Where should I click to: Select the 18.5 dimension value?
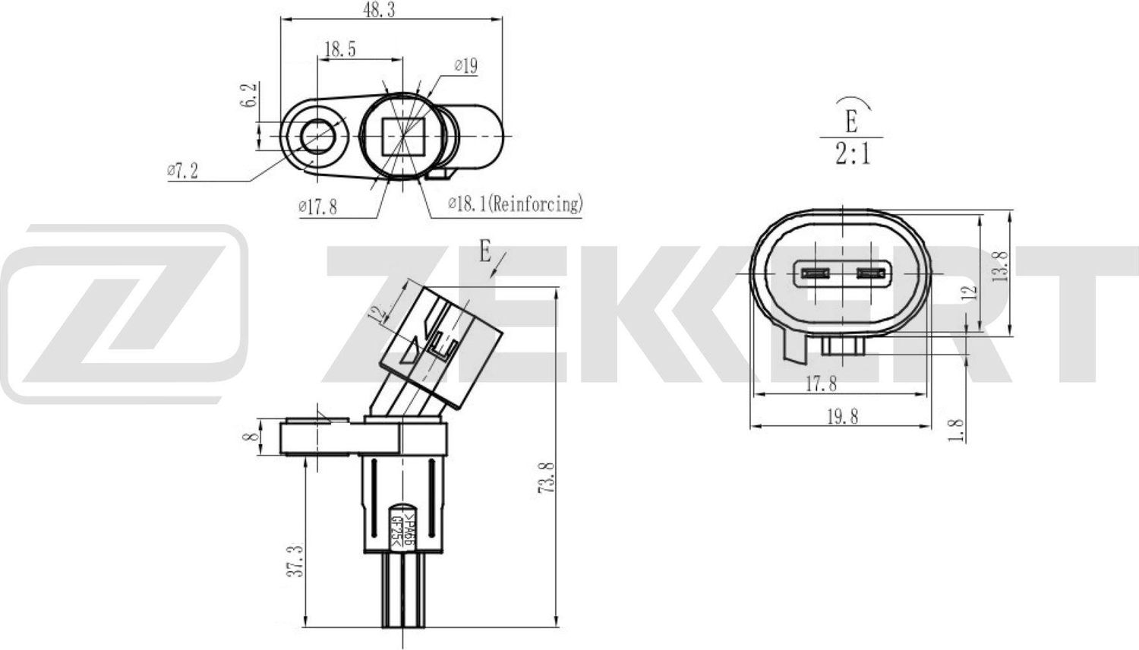pos(340,49)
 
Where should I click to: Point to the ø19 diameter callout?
pos(465,66)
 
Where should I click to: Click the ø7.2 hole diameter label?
pos(182,171)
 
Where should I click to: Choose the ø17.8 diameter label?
pos(317,206)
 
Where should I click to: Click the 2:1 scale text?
pos(853,155)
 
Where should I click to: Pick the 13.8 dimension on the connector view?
pos(1001,266)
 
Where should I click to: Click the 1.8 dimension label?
pos(958,430)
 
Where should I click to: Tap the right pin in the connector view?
pos(872,273)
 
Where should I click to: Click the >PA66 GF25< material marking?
pos(402,529)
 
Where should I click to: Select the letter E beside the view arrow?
pos(485,251)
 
